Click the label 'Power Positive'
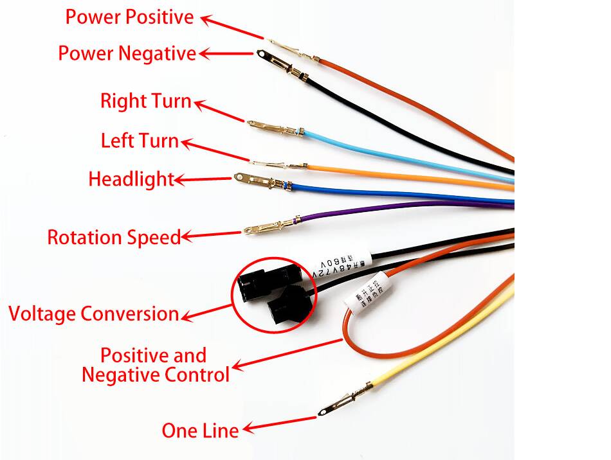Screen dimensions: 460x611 click(129, 17)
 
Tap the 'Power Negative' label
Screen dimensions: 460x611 click(127, 53)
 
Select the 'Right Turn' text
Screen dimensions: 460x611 click(145, 101)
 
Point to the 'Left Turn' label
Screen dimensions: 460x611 click(140, 141)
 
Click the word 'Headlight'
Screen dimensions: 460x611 click(131, 179)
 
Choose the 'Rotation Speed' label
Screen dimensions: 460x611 click(114, 237)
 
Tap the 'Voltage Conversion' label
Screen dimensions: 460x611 click(94, 314)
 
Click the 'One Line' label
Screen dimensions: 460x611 click(200, 430)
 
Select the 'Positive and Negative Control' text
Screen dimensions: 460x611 click(155, 365)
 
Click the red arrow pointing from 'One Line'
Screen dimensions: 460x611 click(280, 423)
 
